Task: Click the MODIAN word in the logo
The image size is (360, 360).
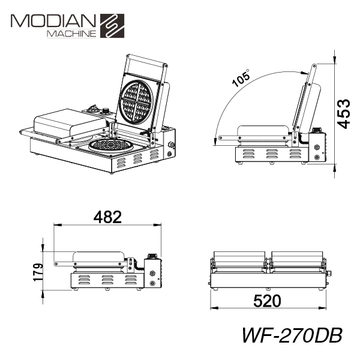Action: point(53,21)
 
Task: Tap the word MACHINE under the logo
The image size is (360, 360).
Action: point(71,34)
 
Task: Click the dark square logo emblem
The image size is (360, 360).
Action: point(112,26)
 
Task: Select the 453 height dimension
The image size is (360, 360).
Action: point(343,113)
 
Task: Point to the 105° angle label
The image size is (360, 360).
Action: point(241,78)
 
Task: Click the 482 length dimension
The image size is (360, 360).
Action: point(107,217)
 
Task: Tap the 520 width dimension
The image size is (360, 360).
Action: point(267,301)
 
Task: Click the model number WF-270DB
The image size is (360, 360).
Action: point(292,335)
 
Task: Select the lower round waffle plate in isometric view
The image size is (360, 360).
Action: point(112,145)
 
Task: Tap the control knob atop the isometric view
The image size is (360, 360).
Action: point(106,110)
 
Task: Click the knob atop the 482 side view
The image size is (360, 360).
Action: point(151,256)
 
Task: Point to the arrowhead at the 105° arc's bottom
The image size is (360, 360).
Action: point(215,141)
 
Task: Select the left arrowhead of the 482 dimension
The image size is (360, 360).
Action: point(58,225)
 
